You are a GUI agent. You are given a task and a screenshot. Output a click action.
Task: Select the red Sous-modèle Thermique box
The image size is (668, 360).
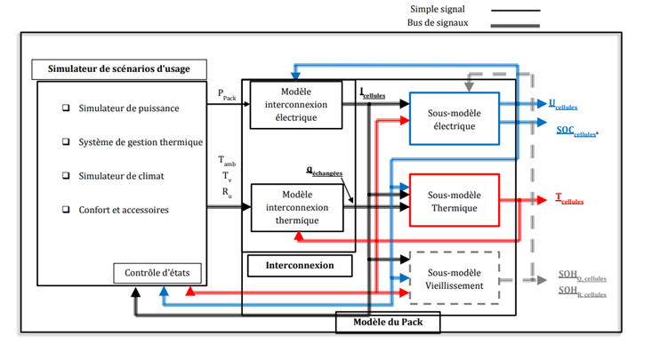454,200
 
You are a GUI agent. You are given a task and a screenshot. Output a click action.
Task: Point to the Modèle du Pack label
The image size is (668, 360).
389,323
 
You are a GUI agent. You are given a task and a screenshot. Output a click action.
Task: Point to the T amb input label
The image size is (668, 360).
227,162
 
